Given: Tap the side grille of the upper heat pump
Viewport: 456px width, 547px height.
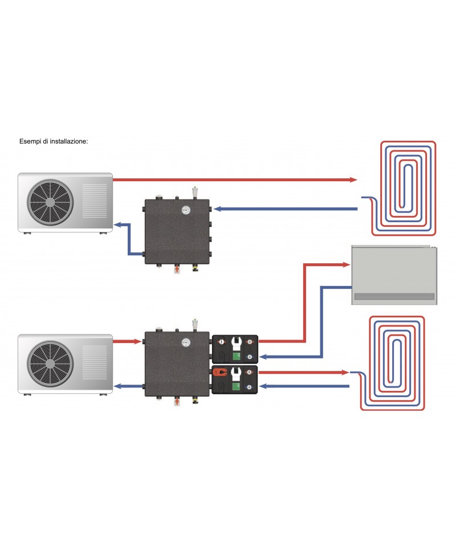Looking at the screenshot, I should click(x=95, y=201).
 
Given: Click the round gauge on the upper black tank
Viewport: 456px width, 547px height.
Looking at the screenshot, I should click(x=186, y=209).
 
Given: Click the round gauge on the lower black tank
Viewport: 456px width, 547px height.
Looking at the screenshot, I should click(x=186, y=342).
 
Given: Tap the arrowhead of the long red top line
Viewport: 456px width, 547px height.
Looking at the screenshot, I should click(x=352, y=179).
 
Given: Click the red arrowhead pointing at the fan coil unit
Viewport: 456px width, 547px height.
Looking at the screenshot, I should click(x=345, y=264).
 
